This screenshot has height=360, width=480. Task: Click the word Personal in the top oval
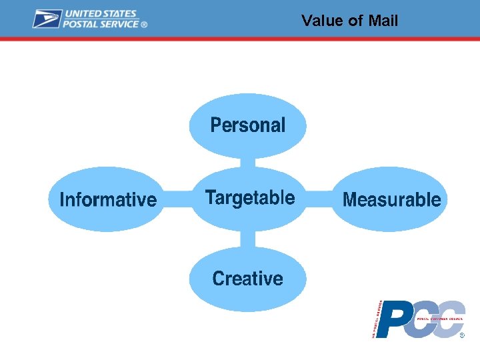coord(247,125)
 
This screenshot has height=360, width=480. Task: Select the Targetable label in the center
coord(249,198)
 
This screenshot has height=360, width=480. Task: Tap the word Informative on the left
coord(108,199)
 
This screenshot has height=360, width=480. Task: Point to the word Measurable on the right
coord(391,199)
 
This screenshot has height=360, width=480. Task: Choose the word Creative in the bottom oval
coord(247,278)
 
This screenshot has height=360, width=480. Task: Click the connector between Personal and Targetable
coord(247,162)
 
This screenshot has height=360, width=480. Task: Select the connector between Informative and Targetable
coord(178,199)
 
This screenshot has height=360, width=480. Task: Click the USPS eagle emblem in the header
coord(47,19)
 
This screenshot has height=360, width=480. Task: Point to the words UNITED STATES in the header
coord(100,13)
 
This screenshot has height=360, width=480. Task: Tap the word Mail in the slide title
coord(383,21)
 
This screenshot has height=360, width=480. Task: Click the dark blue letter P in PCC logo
coord(393,321)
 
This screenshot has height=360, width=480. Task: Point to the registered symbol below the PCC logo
coord(462,335)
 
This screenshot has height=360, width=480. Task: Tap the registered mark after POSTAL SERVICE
coord(144,25)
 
